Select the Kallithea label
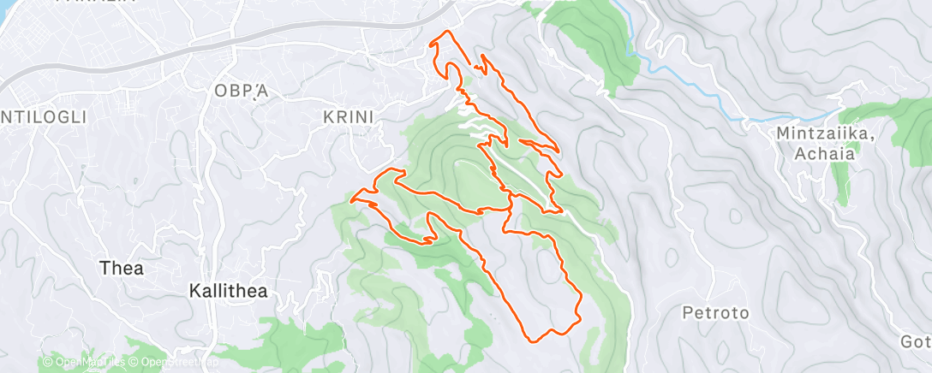(x=227, y=291)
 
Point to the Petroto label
(x=715, y=313)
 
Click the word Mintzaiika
(x=825, y=133)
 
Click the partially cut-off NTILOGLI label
(x=43, y=116)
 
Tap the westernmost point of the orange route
(x=352, y=200)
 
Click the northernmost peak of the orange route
(x=445, y=33)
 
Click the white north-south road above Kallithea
(x=202, y=214)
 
